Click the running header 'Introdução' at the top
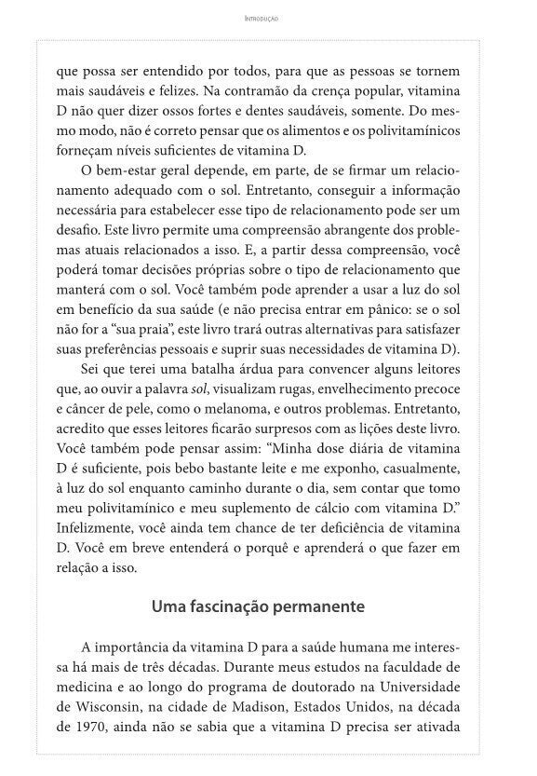[x=268, y=18]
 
